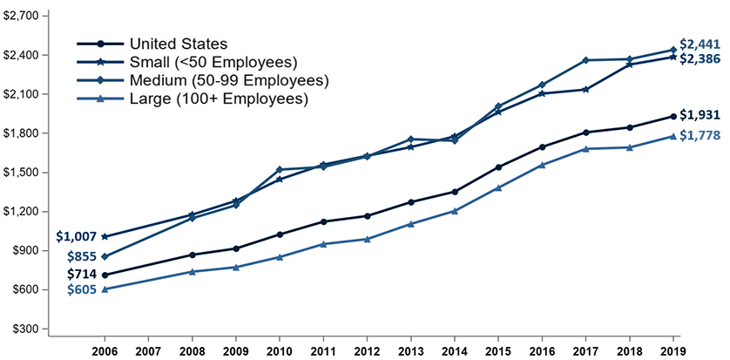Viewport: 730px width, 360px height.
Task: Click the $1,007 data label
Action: point(76,235)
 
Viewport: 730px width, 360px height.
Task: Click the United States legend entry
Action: point(178,44)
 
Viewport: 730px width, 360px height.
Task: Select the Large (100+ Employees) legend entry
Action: point(219,99)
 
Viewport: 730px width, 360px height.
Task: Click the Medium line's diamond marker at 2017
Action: point(585,60)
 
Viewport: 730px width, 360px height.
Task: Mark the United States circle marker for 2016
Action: point(542,146)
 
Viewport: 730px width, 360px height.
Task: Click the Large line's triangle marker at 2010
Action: point(280,257)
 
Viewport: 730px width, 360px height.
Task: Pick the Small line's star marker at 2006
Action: point(105,236)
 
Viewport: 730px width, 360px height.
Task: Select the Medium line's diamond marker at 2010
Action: point(280,169)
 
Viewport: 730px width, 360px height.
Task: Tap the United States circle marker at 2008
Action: point(192,255)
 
